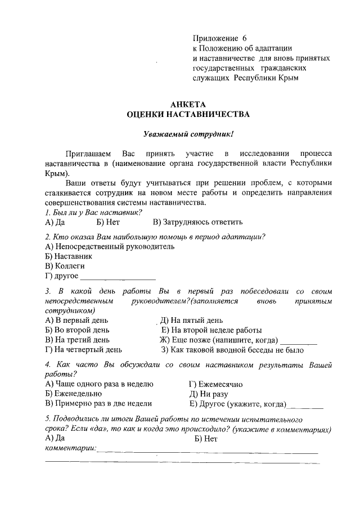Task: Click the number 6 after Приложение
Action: pyautogui.click(x=245, y=38)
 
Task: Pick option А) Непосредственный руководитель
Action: pyautogui.click(x=110, y=246)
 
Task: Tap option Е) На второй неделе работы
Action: pyautogui.click(x=211, y=330)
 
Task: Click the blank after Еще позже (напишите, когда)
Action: pyautogui.click(x=299, y=340)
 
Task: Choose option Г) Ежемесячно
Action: pyautogui.click(x=216, y=384)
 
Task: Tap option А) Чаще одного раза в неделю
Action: pyautogui.click(x=99, y=384)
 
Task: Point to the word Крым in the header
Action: pyautogui.click(x=285, y=78)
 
